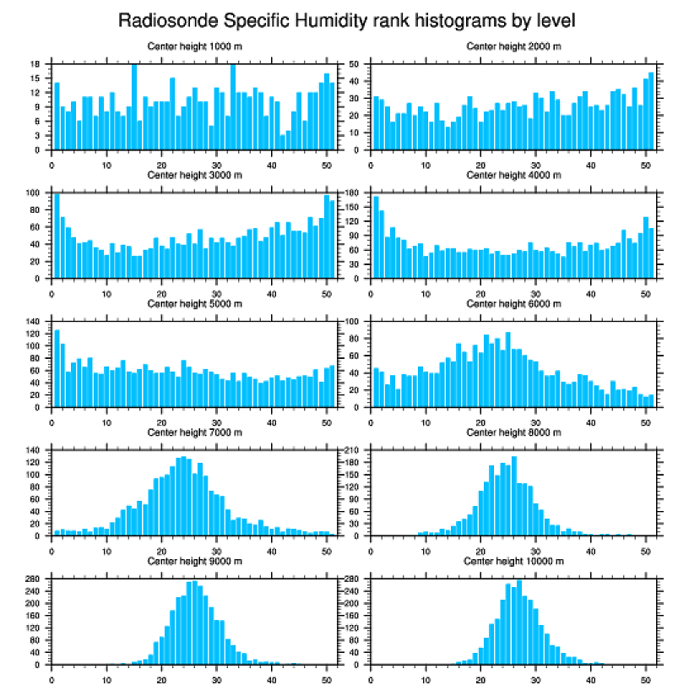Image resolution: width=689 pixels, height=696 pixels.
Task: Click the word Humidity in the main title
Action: [324, 19]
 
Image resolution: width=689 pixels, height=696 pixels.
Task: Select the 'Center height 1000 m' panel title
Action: [194, 46]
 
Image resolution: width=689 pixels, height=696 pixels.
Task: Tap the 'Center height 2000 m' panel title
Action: [513, 46]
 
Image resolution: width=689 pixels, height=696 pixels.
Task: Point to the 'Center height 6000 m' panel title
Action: [513, 303]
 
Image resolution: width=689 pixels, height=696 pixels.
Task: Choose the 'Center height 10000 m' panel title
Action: [513, 561]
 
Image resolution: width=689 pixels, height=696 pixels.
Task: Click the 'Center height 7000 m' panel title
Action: [194, 432]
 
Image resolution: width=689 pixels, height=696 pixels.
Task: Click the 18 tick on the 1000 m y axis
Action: [36, 64]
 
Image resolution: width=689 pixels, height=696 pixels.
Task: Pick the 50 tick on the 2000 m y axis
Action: [355, 64]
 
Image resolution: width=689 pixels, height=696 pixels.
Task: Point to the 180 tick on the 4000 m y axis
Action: [353, 193]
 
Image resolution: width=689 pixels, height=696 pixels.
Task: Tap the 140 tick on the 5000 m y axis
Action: [35, 322]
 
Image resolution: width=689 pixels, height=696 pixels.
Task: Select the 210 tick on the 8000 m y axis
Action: [353, 450]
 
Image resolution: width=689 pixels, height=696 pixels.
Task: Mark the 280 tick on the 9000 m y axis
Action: [35, 579]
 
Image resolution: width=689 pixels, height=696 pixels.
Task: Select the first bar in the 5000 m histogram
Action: [57, 367]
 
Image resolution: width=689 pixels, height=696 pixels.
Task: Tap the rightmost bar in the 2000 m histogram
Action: [650, 111]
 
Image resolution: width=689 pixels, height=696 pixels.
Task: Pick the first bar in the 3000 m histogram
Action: [57, 237]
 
